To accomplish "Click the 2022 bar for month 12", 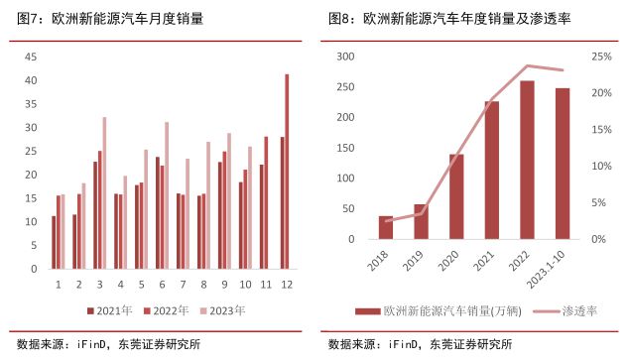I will [288, 172].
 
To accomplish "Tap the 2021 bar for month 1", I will [55, 242].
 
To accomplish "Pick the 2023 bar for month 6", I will [167, 195].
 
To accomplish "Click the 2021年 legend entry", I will [109, 310].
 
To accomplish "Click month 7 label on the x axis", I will [182, 284].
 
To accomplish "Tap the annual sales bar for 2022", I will [528, 160].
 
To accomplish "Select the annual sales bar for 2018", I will [385, 227].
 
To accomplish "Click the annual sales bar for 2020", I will [456, 196].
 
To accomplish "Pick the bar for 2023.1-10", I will [563, 164].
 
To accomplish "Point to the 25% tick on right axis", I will [601, 57].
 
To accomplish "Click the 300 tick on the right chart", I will [346, 57].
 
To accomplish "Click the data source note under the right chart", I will [421, 345].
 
